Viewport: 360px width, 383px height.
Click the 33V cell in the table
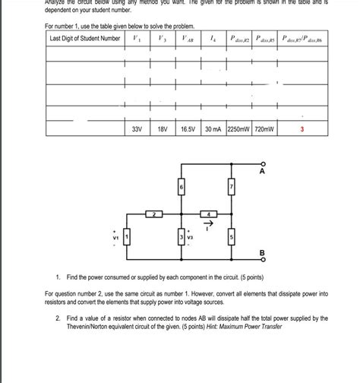coord(137,130)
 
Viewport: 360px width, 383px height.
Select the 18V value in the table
coord(162,130)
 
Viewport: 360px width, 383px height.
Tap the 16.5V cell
coord(188,130)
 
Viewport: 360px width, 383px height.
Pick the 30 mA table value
coord(216,130)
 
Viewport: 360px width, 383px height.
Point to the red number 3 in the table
coord(302,130)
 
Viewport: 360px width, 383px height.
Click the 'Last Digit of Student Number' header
coord(84,38)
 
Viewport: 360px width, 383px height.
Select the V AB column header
coord(188,38)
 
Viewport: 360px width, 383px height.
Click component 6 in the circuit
coord(182,186)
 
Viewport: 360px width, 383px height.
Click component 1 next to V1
coord(128,238)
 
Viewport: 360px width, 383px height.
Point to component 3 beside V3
coord(182,238)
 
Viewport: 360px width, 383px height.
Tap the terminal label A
coord(262,172)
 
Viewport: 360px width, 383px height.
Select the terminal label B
coord(262,252)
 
